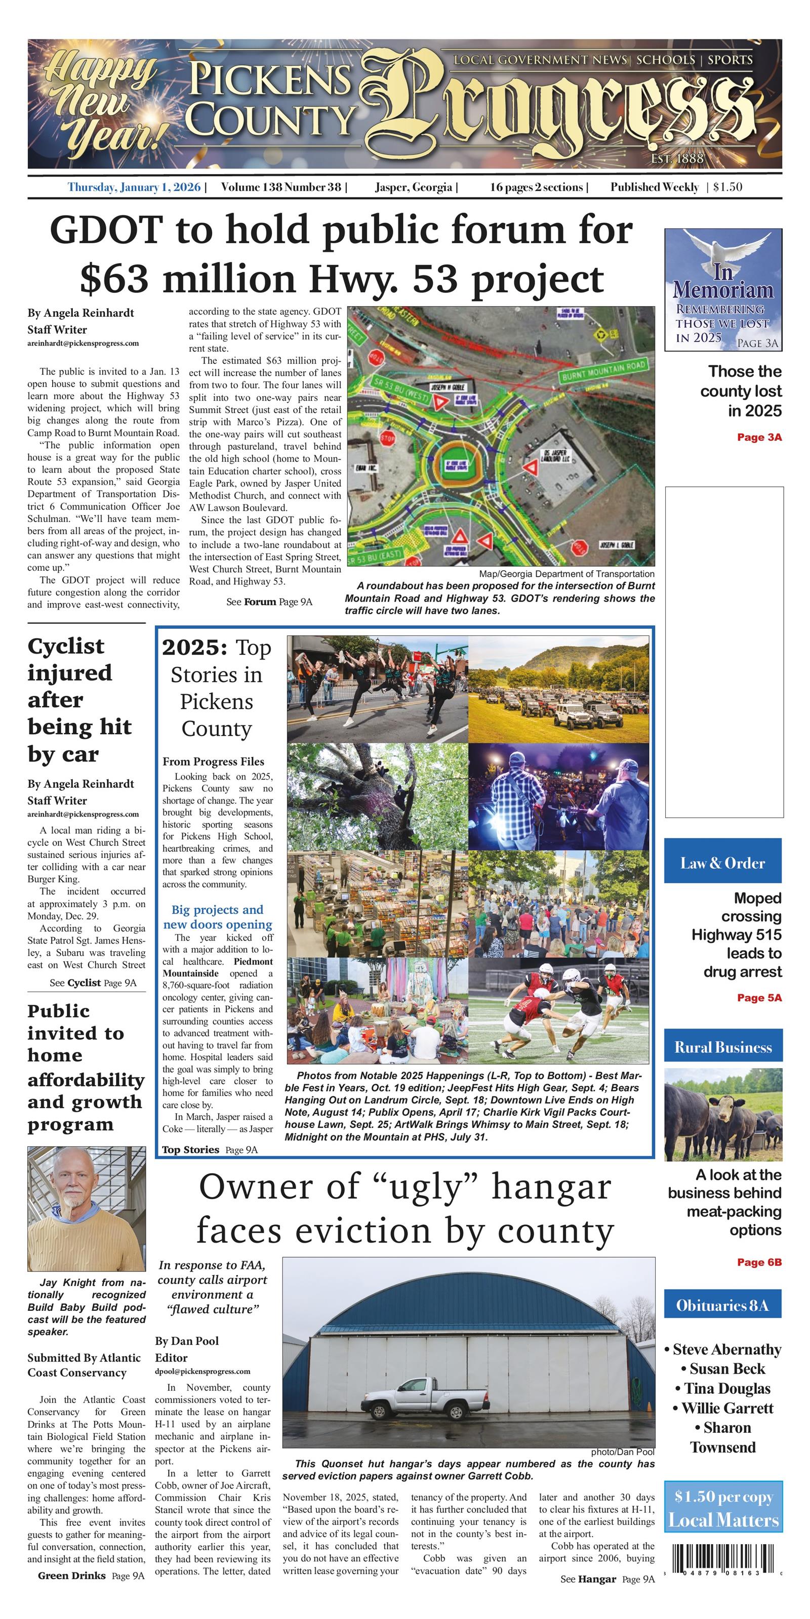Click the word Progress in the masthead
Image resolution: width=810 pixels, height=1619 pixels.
point(566,107)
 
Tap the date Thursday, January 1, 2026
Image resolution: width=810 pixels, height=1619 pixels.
point(134,187)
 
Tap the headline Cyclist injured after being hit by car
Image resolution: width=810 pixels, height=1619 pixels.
point(80,700)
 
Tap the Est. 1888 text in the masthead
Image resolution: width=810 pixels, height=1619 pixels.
point(677,158)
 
